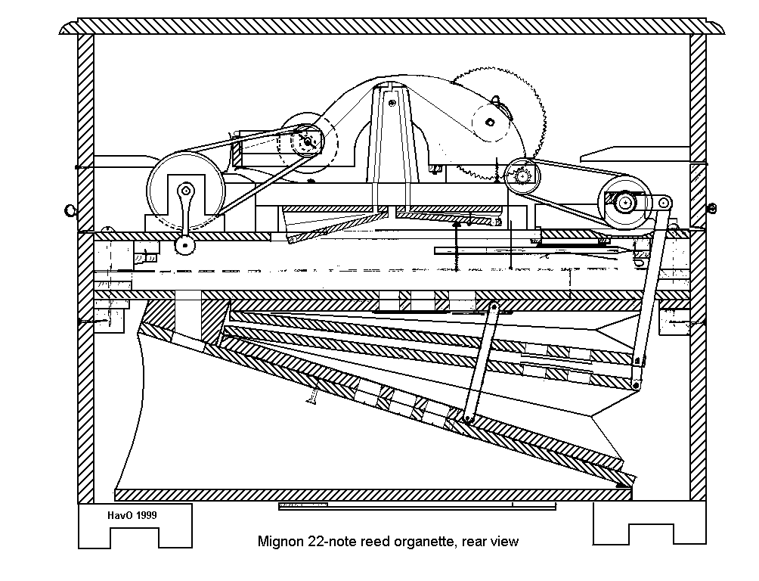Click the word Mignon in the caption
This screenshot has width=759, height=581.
[x=278, y=542]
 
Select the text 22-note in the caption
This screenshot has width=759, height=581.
[x=323, y=542]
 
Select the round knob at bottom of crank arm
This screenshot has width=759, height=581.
[x=183, y=244]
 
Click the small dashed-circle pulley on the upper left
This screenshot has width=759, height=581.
[x=308, y=141]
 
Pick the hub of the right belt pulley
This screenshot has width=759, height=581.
[x=626, y=202]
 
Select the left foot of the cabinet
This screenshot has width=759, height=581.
[x=135, y=527]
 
